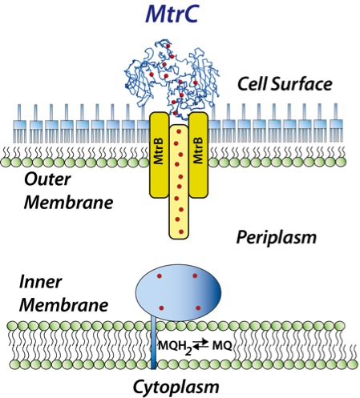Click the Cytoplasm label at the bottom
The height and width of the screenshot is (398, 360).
[x=173, y=388]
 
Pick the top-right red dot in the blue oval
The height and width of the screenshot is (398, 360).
[x=195, y=275]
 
